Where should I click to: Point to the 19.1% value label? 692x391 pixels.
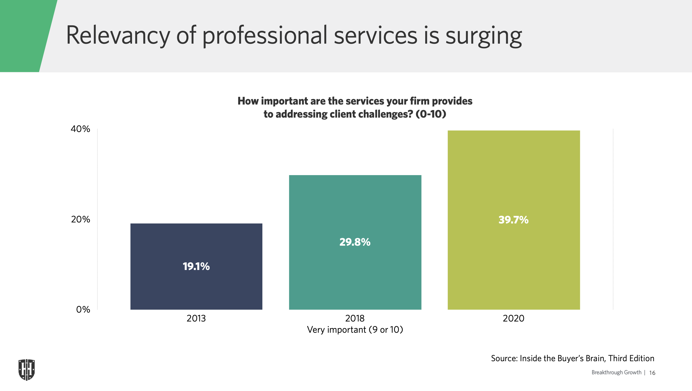pos(196,266)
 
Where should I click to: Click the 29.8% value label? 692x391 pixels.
pos(355,242)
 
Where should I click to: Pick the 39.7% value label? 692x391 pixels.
pos(513,220)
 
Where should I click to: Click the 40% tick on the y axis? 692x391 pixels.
pos(80,129)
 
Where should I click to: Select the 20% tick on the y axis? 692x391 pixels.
pos(80,219)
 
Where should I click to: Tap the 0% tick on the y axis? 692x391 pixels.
pos(83,309)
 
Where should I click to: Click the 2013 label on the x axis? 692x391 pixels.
pos(196,318)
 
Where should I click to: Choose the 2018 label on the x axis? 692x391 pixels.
pos(355,318)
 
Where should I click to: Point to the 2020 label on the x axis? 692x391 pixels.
pos(513,318)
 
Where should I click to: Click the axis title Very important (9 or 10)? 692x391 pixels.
pos(355,330)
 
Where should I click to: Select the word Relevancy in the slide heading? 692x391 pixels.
pos(118,36)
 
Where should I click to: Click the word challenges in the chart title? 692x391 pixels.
pos(371,114)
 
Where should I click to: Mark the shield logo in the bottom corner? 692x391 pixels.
pos(27,370)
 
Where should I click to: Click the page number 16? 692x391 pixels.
pos(652,373)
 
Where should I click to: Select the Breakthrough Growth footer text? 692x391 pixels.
pos(616,372)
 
